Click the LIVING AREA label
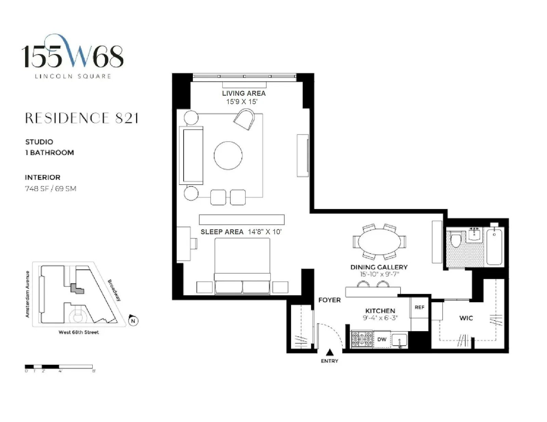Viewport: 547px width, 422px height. click(243, 93)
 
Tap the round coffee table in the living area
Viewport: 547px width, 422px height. click(228, 155)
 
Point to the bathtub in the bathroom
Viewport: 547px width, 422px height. click(494, 247)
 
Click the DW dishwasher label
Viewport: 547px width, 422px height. click(382, 339)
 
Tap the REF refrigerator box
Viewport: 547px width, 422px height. click(419, 307)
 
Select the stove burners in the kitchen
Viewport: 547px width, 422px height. click(362, 339)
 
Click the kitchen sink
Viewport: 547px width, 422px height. click(399, 341)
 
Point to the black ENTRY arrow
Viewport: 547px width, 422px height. click(330, 352)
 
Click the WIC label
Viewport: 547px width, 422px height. click(466, 318)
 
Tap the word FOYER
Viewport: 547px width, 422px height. click(329, 300)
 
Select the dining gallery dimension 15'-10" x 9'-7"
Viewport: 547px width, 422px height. click(379, 274)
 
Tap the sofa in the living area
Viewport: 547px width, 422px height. click(192, 155)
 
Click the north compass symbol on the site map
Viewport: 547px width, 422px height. click(133, 321)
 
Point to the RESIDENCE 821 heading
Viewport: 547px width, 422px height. click(82, 118)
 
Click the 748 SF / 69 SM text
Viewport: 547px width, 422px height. click(51, 188)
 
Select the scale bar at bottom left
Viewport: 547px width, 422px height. click(59, 367)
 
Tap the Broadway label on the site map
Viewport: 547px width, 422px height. click(115, 290)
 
